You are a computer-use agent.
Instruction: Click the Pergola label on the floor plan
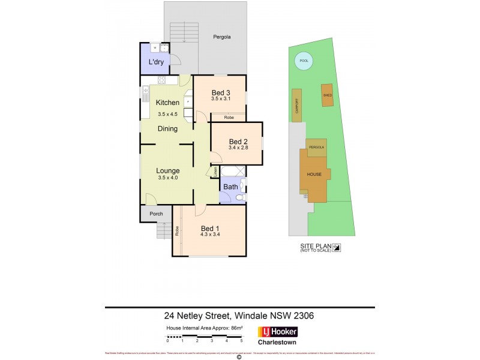(x=222, y=37)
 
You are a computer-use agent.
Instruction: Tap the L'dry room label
(x=157, y=62)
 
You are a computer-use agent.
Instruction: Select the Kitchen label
(x=167, y=103)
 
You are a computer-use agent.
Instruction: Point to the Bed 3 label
(x=221, y=92)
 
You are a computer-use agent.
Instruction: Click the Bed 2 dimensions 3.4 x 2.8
(x=238, y=148)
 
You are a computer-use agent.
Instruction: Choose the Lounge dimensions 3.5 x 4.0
(x=168, y=178)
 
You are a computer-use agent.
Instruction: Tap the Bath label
(x=230, y=187)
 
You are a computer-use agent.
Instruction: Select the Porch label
(x=156, y=214)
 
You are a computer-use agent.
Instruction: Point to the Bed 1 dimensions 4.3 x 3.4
(x=211, y=235)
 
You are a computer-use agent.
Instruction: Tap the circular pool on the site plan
(x=302, y=60)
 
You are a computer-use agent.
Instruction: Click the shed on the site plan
(x=328, y=96)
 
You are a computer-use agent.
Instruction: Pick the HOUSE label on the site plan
(x=314, y=175)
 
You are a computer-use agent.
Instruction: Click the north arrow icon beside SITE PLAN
(x=337, y=247)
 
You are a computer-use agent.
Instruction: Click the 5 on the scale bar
(x=241, y=340)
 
